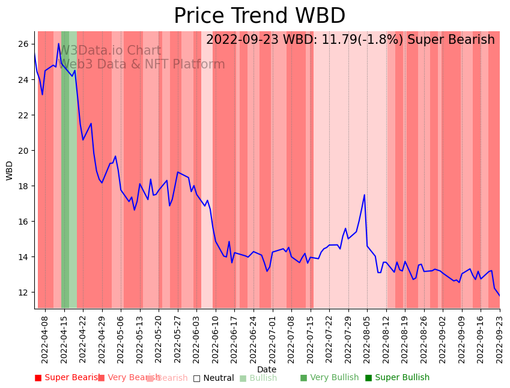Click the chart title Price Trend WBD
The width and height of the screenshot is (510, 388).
(259, 16)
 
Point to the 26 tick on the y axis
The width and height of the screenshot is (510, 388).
(23, 44)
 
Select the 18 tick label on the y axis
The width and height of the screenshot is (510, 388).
(23, 186)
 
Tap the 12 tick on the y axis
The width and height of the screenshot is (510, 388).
(23, 293)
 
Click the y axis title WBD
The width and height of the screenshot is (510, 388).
(10, 170)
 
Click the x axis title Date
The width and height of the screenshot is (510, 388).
(267, 369)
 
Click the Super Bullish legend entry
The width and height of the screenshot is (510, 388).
(397, 378)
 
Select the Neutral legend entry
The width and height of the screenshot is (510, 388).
(213, 378)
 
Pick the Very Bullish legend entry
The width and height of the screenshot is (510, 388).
(329, 378)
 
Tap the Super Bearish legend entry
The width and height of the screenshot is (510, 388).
(67, 378)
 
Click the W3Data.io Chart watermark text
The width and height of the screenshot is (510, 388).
(110, 51)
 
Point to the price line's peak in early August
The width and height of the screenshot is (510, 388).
(365, 195)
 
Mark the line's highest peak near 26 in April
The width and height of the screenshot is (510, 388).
(59, 44)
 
